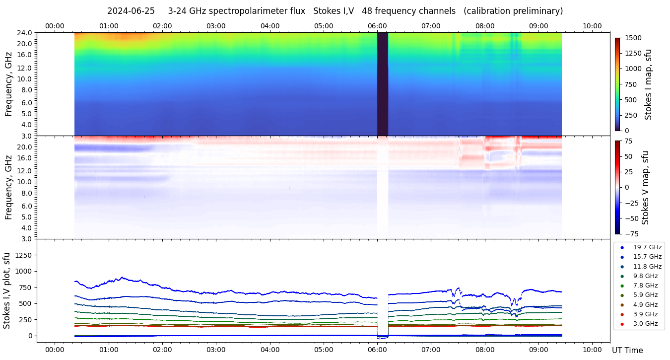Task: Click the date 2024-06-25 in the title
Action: [131, 11]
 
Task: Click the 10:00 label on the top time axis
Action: [592, 26]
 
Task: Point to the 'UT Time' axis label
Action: [627, 351]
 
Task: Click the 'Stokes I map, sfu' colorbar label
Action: [648, 84]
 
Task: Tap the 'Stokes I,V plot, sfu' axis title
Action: [7, 290]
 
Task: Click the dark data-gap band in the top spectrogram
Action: [382, 84]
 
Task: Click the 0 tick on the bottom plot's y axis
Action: [29, 336]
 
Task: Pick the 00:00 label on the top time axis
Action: [55, 26]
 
